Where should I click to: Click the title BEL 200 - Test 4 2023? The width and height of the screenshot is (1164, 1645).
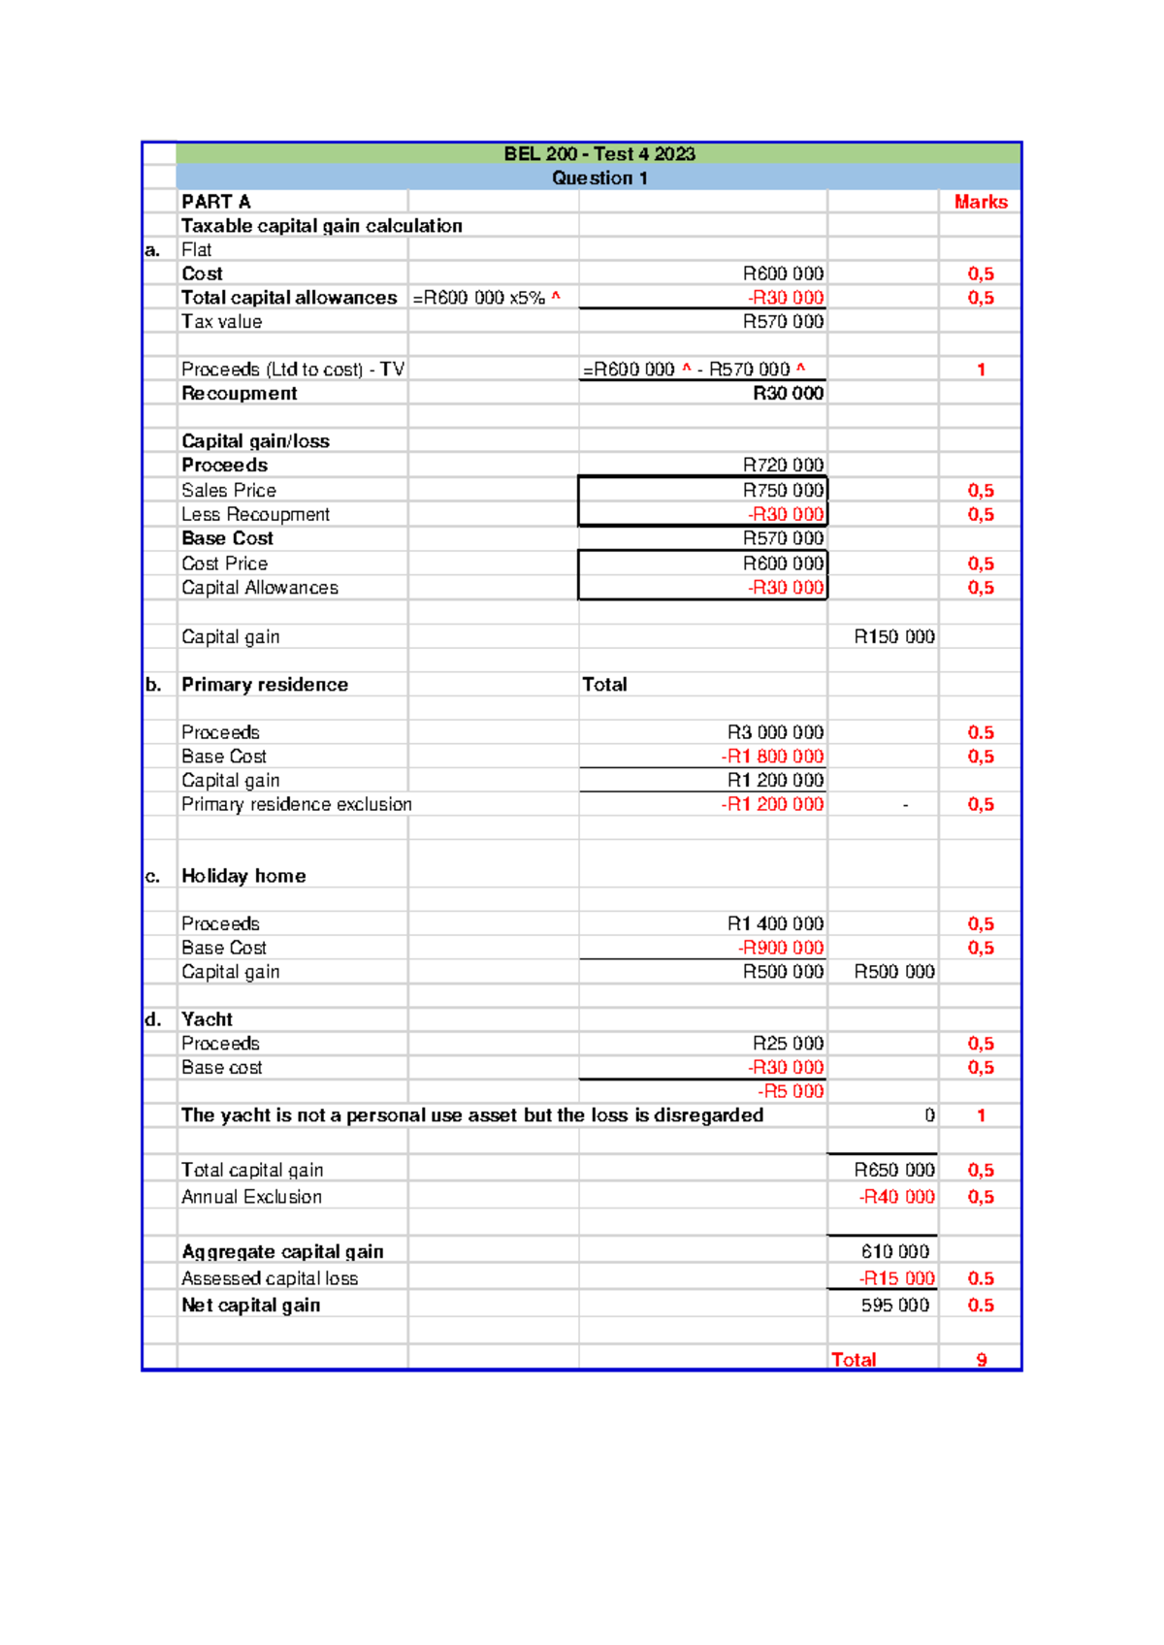point(598,154)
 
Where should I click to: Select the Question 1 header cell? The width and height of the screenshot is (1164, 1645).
point(598,178)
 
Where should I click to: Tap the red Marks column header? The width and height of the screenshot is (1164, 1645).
point(980,202)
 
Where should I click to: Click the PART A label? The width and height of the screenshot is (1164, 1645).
point(216,202)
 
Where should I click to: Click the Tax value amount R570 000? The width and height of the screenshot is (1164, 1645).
point(782,322)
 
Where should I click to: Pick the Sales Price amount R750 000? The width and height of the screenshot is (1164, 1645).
point(782,491)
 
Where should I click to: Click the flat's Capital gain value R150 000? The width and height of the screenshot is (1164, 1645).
point(893,637)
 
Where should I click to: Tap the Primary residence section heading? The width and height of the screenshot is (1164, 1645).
point(264,685)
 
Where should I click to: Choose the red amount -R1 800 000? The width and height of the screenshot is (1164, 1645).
point(772,757)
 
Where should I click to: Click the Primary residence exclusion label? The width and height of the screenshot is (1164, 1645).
point(296,804)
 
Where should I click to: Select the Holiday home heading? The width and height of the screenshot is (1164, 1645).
point(243,876)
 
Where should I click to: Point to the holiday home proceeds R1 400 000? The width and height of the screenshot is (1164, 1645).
point(775,924)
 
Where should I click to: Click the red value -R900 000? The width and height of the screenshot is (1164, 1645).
point(780,948)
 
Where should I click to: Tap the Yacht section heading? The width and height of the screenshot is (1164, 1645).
point(207,1019)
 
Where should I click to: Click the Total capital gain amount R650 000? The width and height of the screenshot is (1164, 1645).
point(893,1171)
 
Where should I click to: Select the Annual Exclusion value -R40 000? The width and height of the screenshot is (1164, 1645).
point(896,1197)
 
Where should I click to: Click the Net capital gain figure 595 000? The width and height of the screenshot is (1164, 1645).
point(894,1306)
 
